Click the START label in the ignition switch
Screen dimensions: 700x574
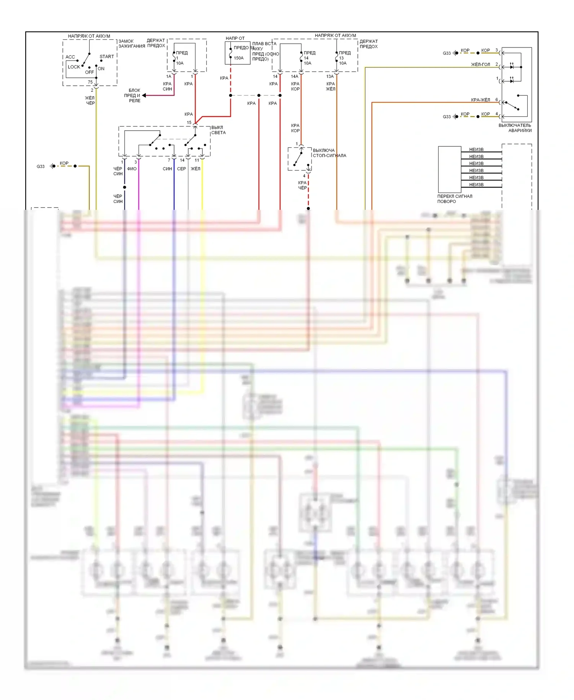point(107,57)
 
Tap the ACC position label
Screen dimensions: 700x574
point(70,57)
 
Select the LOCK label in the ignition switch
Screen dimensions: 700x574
point(74,67)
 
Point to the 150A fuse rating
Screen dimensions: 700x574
point(238,58)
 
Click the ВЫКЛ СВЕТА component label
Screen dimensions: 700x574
point(219,130)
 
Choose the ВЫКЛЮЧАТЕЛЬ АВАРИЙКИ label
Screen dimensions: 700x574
point(515,128)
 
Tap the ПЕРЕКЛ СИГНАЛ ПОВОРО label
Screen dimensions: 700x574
point(455,199)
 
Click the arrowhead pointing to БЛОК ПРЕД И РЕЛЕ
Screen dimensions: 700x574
point(144,95)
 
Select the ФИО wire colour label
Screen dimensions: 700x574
point(132,169)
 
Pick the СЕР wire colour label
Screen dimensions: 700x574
point(181,169)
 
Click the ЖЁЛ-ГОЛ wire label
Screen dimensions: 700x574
point(480,65)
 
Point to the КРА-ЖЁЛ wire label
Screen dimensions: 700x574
point(480,100)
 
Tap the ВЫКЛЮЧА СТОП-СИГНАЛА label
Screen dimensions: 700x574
point(329,153)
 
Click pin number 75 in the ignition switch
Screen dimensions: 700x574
point(90,82)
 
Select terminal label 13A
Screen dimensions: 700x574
point(330,77)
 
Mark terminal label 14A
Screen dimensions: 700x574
point(294,77)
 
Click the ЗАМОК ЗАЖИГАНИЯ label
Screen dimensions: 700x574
point(132,44)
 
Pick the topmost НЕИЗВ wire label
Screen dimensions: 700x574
point(476,150)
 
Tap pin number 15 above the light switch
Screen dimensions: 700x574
point(189,123)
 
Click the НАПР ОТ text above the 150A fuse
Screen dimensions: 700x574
point(235,38)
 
